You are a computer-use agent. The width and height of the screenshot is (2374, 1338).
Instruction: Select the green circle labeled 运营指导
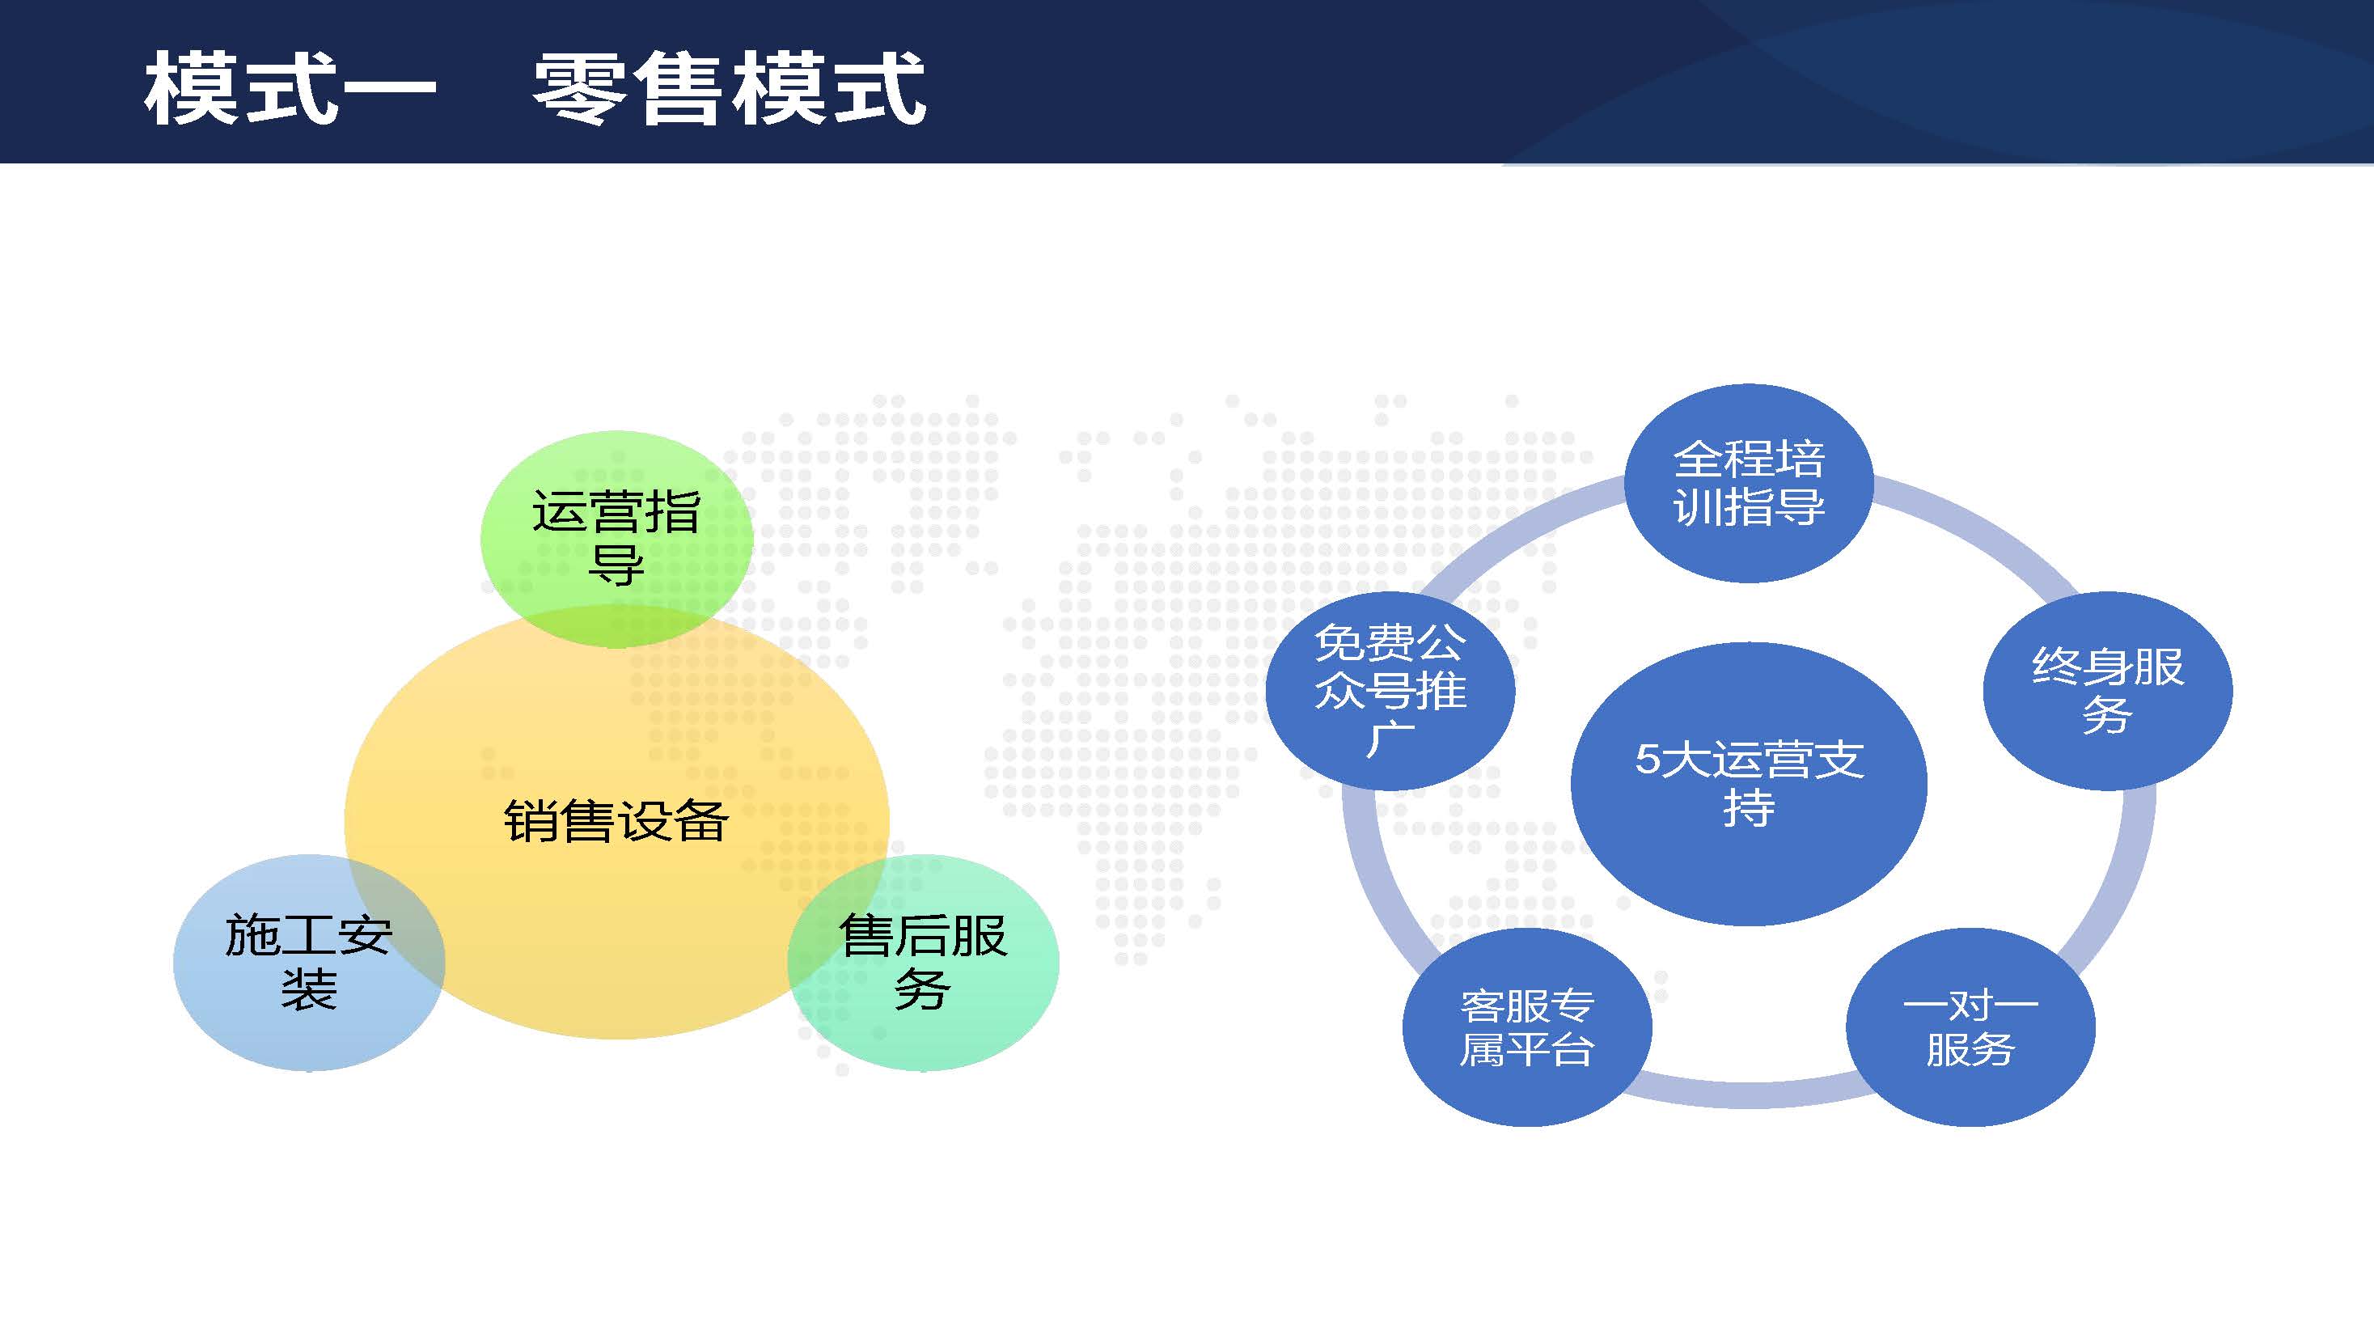616,539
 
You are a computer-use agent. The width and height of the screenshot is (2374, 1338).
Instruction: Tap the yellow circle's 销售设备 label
616,820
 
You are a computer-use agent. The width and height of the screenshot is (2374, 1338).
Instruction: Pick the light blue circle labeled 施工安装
309,962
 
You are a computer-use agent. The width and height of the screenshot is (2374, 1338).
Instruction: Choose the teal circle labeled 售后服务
924,962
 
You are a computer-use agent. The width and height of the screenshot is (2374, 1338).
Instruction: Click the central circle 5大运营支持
1748,783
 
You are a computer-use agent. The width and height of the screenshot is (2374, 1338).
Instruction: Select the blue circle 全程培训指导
1748,483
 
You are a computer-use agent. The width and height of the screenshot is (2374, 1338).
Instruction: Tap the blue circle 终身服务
2107,691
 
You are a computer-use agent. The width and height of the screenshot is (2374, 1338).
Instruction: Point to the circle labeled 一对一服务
1970,1027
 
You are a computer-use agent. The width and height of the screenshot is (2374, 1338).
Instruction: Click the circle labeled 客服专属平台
1527,1027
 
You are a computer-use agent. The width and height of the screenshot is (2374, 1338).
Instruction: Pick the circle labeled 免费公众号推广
1390,691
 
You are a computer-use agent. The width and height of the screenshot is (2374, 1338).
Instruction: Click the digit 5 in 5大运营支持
1647,760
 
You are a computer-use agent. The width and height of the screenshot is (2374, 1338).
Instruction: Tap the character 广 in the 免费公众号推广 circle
1390,740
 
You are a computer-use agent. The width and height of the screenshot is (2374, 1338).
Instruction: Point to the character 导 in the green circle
616,565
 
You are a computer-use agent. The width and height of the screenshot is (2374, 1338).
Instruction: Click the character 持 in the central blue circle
1748,808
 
